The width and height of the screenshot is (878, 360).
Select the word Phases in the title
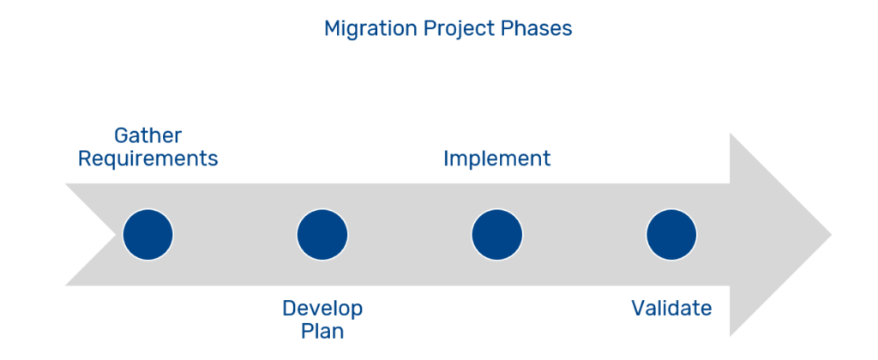[537, 28]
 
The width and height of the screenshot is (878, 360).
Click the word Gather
[147, 135]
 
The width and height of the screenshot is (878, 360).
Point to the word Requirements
[147, 159]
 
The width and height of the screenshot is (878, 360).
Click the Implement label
[496, 159]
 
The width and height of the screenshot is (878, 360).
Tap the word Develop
[322, 309]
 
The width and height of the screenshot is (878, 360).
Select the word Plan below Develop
[322, 332]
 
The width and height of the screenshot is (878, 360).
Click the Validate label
[671, 308]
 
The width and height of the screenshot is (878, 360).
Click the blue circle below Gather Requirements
[147, 235]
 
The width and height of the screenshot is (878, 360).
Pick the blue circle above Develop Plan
[322, 235]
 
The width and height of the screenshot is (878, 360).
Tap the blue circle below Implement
[496, 235]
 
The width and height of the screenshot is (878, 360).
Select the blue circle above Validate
[671, 235]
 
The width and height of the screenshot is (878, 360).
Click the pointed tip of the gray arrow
[832, 235]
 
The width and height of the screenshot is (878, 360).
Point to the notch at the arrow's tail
[116, 235]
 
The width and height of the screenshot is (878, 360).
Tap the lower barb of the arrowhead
[731, 336]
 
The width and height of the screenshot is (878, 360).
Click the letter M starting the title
[333, 28]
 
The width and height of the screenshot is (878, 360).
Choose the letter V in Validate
[638, 309]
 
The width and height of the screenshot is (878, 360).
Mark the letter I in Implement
[446, 159]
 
